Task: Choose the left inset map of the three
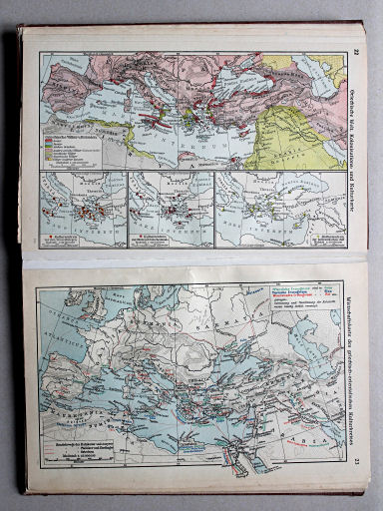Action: pyautogui.click(x=84, y=209)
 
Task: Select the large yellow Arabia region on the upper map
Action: pyautogui.click(x=299, y=140)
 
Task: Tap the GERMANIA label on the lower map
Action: pyautogui.click(x=141, y=319)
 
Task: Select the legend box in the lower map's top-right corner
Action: pyautogui.click(x=303, y=300)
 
